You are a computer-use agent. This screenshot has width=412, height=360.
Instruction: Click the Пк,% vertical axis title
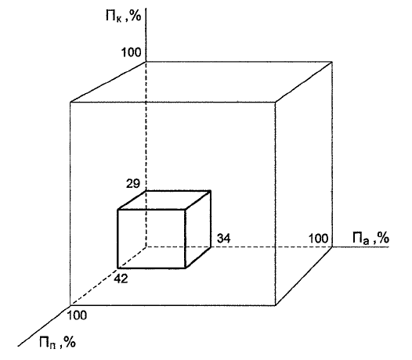pos(124,16)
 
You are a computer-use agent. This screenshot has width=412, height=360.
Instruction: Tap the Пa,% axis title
pos(370,238)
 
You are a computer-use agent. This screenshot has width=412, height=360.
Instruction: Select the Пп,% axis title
pos(57,342)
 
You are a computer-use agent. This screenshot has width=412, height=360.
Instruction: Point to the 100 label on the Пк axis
pos(131,52)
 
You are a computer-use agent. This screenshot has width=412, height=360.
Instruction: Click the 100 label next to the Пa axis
pos(318,239)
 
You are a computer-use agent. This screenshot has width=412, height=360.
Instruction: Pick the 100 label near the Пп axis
pos(77,315)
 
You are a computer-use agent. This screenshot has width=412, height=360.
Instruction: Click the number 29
pos(133,184)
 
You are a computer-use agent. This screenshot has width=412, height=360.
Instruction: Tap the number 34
pos(223,239)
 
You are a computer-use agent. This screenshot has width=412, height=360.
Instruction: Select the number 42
pos(121,279)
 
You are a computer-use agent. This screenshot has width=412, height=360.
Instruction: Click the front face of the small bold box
pos(152,239)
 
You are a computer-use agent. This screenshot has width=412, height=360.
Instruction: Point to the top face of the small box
pos(164,200)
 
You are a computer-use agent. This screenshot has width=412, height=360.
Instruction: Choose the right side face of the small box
pos(198,229)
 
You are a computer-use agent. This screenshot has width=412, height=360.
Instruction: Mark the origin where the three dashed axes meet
pos(146,247)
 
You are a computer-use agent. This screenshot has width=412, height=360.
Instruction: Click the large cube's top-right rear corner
pos(332,62)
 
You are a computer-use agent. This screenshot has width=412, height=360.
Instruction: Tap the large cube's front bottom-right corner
pos(276,305)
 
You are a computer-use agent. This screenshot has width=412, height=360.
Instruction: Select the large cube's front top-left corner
pos(70,102)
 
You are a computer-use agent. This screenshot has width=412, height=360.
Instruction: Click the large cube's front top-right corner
pos(276,102)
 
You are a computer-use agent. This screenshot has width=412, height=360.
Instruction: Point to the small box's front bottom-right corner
pos(186,268)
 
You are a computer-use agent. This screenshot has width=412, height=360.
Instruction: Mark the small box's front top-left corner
pos(117,210)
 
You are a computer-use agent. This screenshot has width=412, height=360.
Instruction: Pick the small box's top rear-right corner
pos(211,191)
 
